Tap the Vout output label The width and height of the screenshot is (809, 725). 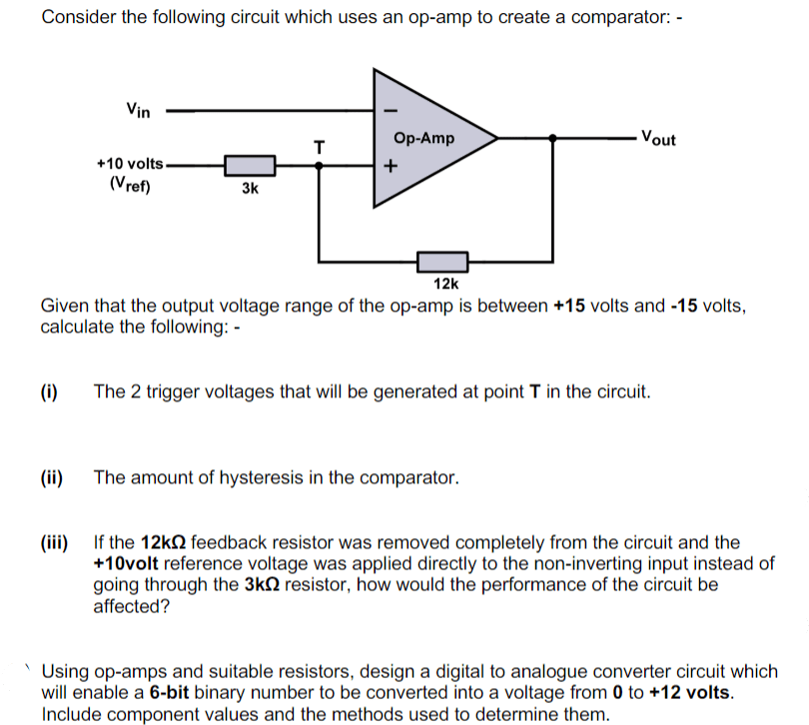pos(658,138)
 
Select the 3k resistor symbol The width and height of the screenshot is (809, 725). pos(250,165)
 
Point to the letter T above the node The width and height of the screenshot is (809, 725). pos(319,148)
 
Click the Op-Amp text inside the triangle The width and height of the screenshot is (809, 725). pos(424,138)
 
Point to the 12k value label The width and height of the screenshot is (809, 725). pos(446,284)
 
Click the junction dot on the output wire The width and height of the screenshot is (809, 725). pos(551,138)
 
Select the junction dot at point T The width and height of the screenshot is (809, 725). pos(319,166)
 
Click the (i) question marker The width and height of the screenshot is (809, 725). pos(48,391)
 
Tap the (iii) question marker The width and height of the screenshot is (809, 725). pos(54,543)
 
